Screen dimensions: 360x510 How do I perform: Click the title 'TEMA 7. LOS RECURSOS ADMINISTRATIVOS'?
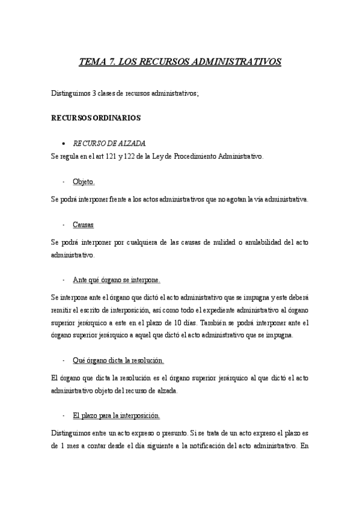point(180,61)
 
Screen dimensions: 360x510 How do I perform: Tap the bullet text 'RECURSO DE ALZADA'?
point(109,144)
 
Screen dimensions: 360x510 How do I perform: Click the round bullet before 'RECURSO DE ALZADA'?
point(64,144)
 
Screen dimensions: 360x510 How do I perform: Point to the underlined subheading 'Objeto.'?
point(84,182)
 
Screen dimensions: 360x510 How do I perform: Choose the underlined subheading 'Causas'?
point(83,224)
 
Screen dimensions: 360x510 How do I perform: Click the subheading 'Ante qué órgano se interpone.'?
point(116,280)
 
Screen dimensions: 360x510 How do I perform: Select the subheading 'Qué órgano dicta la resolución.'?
point(118,360)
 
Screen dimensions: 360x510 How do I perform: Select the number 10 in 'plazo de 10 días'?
point(217,323)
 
